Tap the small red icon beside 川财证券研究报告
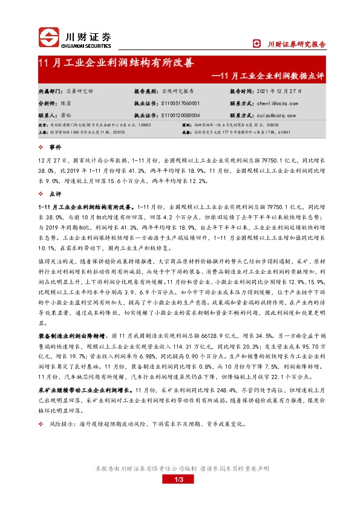256,44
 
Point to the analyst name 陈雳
65,103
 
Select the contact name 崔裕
65,115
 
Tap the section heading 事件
55,147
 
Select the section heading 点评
55,194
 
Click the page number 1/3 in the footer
179,497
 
